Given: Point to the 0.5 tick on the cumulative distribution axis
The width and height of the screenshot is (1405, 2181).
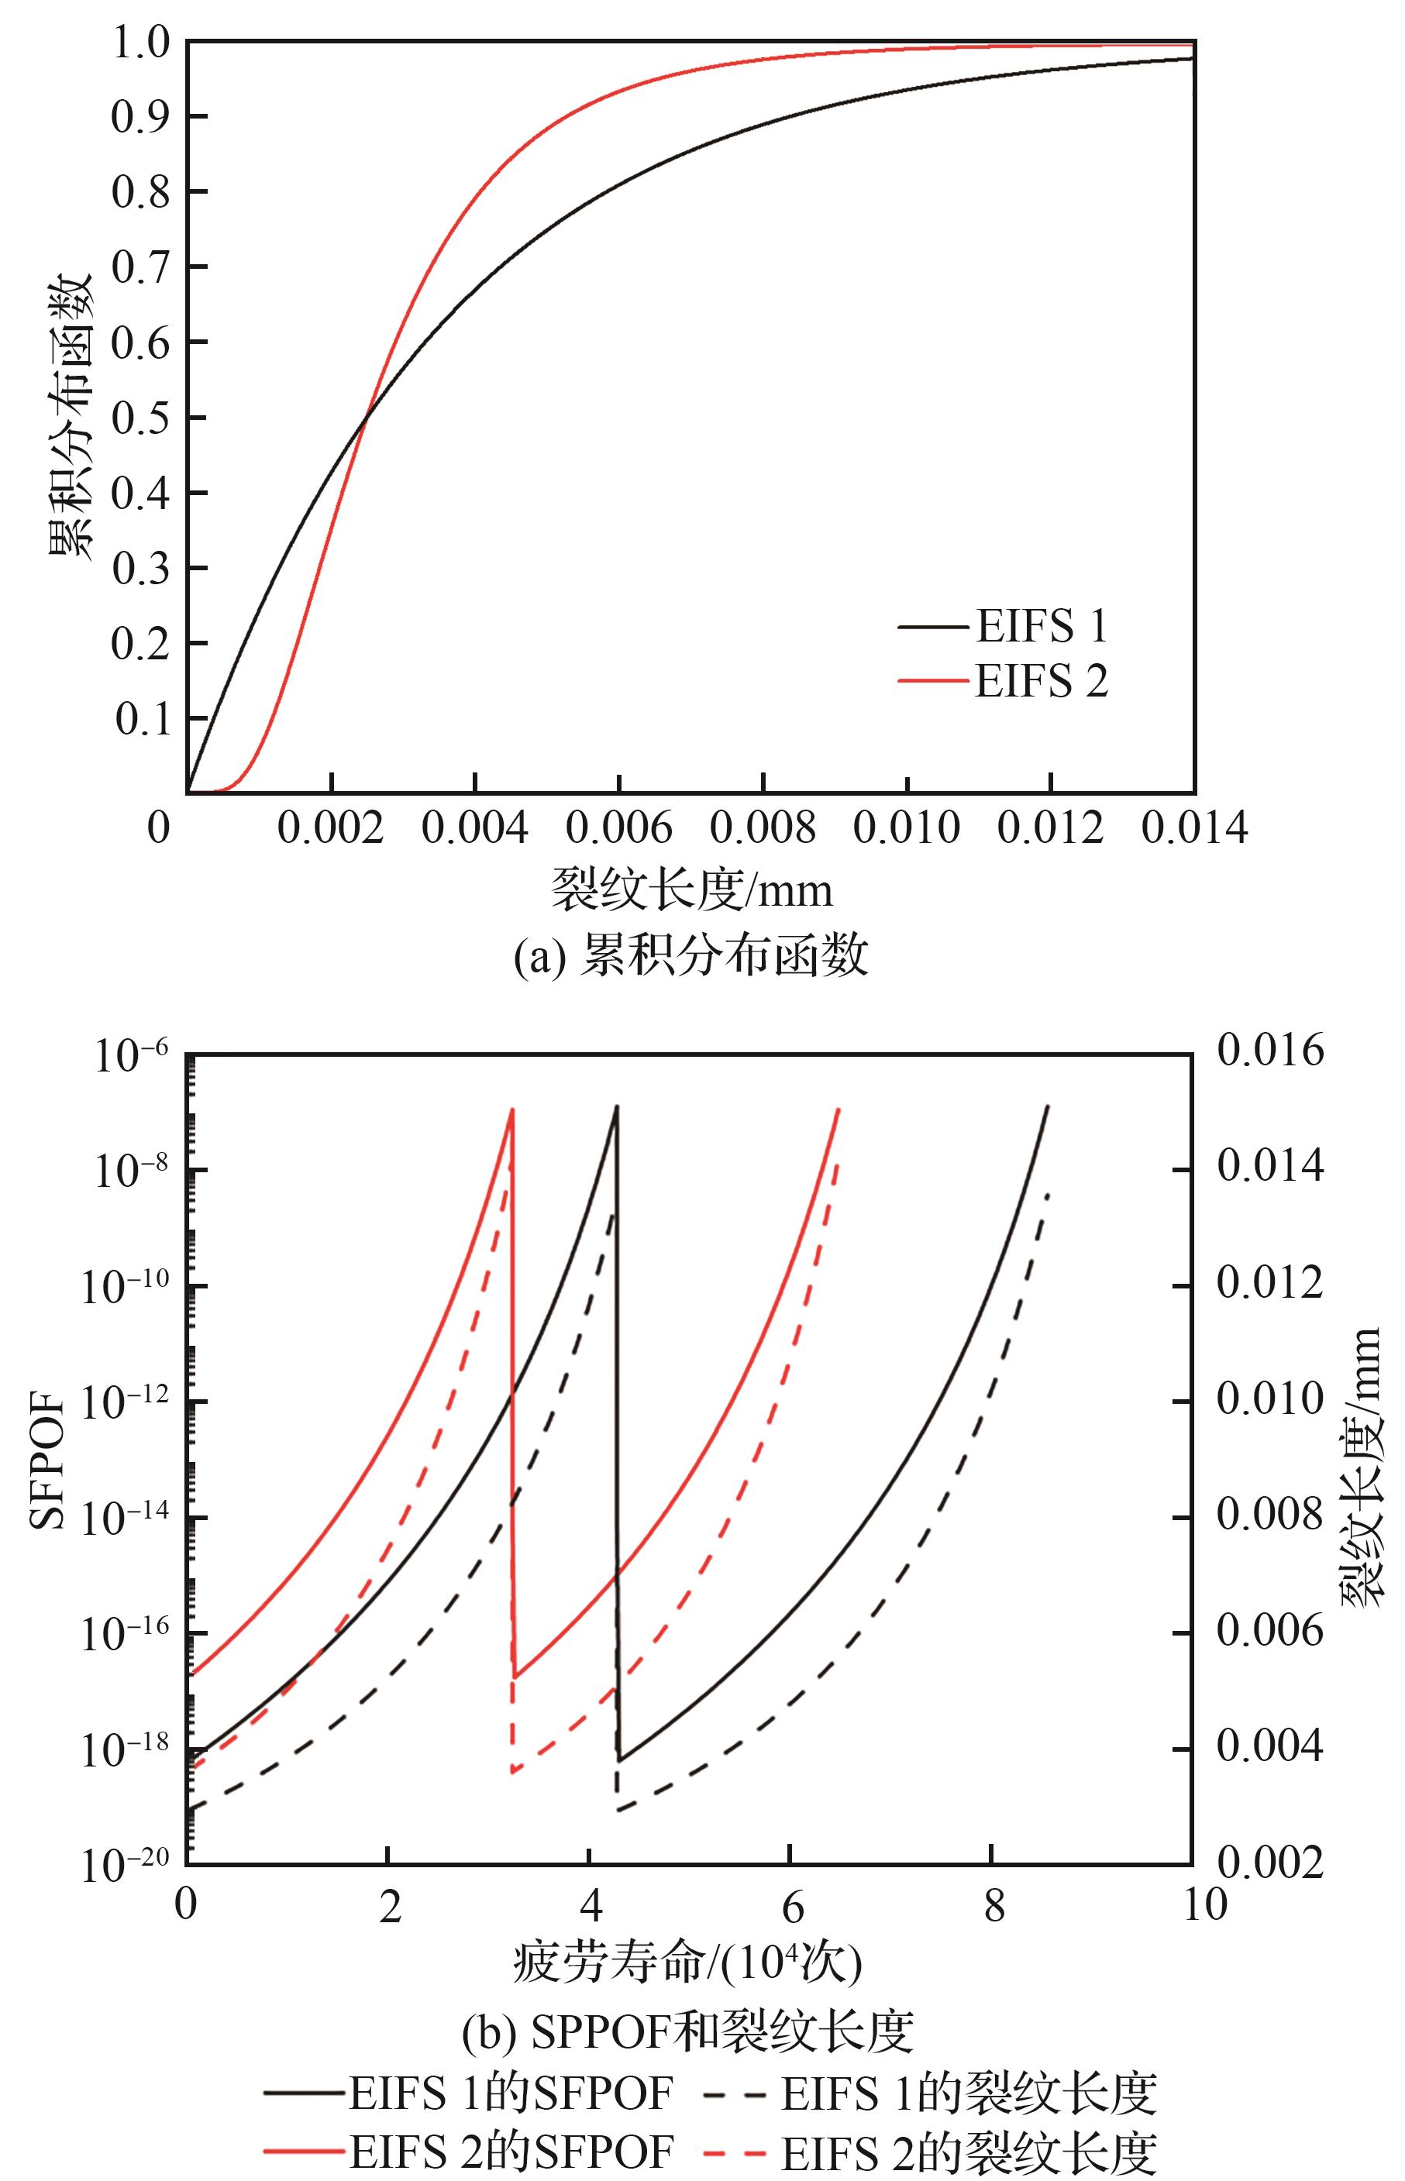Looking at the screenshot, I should point(140,418).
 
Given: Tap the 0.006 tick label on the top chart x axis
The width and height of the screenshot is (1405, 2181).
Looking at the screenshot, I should point(618,828).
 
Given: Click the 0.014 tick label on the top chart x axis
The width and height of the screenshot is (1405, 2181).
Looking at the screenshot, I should point(1194,828).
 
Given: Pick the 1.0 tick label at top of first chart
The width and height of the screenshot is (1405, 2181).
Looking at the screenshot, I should point(140,43).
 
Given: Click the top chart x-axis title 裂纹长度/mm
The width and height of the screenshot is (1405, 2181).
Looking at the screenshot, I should point(691,889).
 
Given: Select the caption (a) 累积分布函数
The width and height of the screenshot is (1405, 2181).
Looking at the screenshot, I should point(690,957).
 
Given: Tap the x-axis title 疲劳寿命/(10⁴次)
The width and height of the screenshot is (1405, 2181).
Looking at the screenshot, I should point(688,1961).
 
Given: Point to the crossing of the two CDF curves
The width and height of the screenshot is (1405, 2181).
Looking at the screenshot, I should point(365,418).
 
